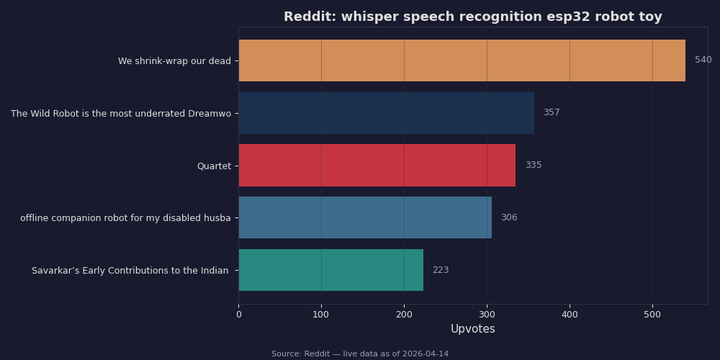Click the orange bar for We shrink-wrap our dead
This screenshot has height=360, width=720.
coord(462,60)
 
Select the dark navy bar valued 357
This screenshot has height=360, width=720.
coord(386,113)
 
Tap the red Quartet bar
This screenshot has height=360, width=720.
coord(377,166)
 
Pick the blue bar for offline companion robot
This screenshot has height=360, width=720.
coord(365,217)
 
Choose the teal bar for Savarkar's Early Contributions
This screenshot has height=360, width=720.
coord(330,270)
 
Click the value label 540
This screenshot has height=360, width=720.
coord(703,60)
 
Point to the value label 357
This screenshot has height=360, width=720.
coord(551,113)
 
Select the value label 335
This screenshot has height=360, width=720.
coord(533,166)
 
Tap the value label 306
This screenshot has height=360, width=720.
coord(508,217)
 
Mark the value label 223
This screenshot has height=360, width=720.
coord(440,270)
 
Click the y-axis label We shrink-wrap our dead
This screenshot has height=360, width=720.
coord(174,61)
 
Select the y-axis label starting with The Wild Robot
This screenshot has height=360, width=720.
coord(121,114)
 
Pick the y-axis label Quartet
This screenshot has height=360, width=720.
coord(214,166)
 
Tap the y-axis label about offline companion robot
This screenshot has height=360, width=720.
coord(125,218)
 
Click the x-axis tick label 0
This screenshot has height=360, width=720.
coord(238,315)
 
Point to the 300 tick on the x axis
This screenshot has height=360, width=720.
coord(487,315)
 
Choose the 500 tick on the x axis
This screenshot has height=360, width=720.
coord(652,315)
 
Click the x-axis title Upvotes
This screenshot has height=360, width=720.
coord(472,329)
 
